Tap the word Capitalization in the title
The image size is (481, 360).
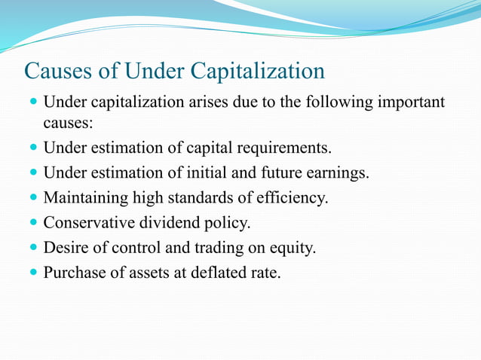(257, 72)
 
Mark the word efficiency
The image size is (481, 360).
(293, 199)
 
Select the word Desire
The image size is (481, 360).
(66, 247)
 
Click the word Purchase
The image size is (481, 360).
(72, 272)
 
